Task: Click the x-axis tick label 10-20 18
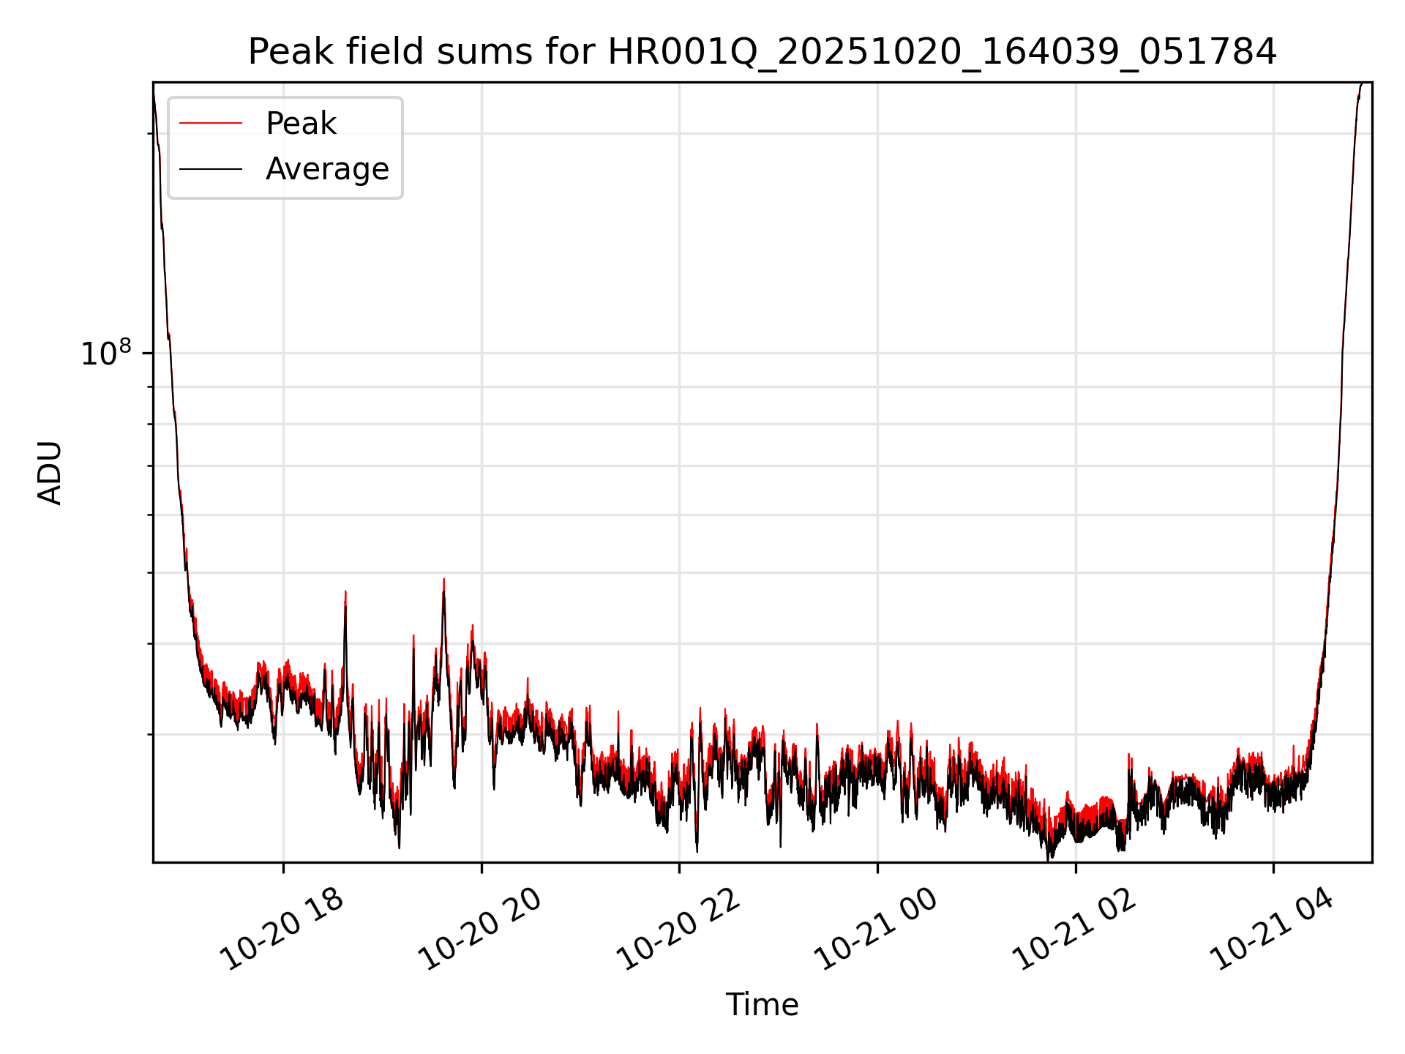(x=282, y=929)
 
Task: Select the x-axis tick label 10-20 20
(x=481, y=929)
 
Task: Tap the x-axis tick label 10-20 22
(x=679, y=929)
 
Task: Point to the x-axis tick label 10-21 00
(x=877, y=929)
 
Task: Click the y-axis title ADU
(x=50, y=473)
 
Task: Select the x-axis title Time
(x=762, y=1004)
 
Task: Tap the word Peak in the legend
(x=301, y=124)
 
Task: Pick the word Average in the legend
(x=327, y=169)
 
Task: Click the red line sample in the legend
(x=211, y=124)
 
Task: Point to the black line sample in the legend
(x=211, y=169)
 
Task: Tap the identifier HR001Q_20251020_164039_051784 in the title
(x=942, y=52)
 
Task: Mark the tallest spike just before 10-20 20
(x=443, y=580)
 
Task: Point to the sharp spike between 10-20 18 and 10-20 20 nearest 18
(x=345, y=593)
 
